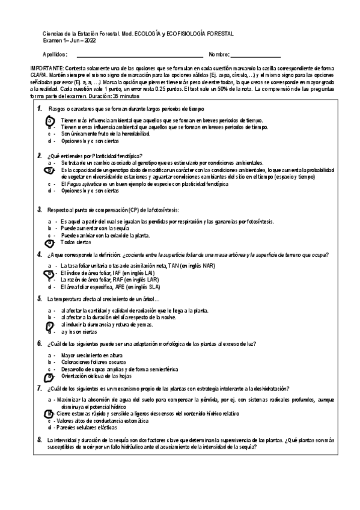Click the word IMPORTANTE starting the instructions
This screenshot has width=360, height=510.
46,69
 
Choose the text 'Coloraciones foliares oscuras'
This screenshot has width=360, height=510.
90,361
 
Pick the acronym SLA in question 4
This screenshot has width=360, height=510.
161,287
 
